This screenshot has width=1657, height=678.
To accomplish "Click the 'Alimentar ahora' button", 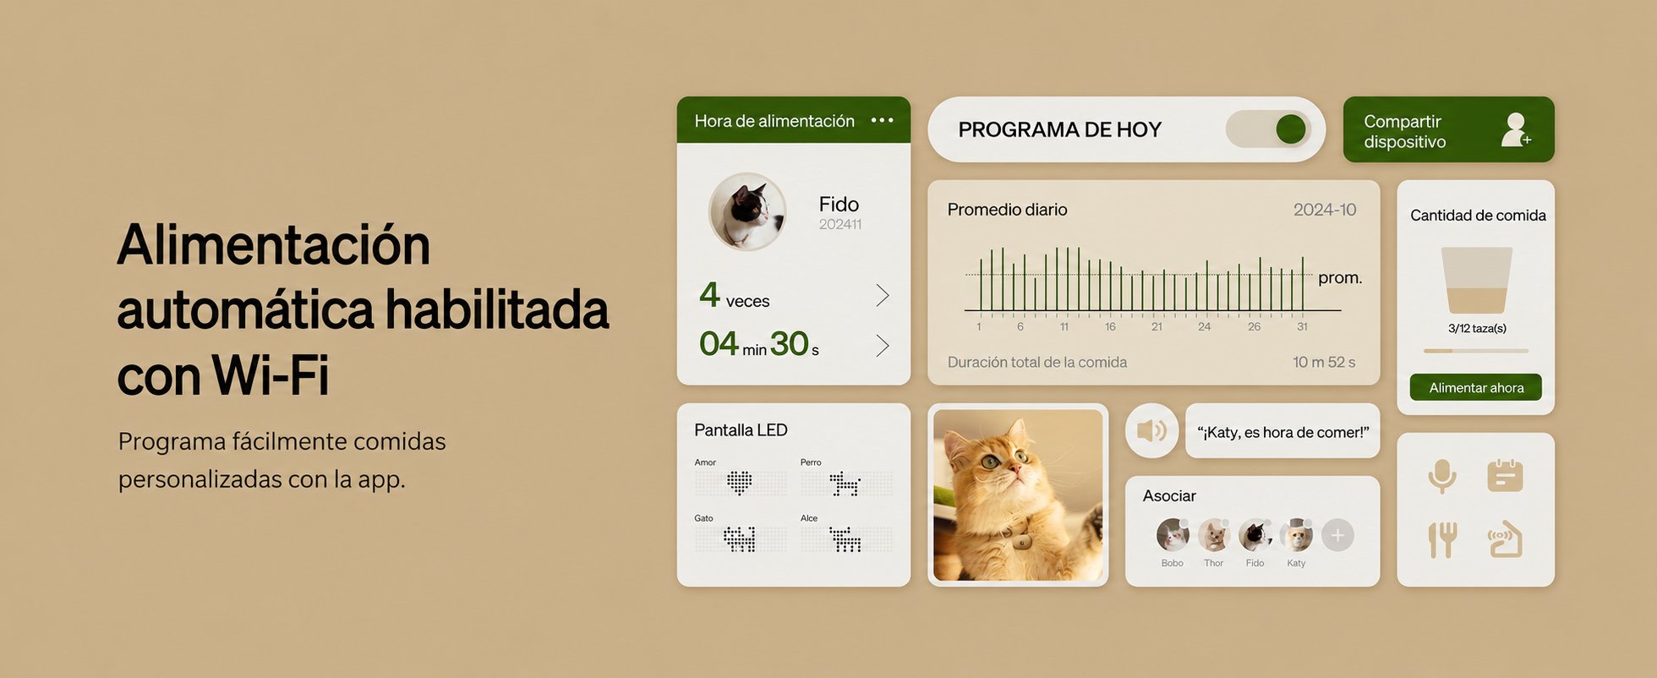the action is (1475, 387).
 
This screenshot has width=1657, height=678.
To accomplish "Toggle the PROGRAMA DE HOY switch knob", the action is (1291, 129).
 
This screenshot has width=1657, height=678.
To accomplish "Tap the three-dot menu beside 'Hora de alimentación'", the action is (882, 120).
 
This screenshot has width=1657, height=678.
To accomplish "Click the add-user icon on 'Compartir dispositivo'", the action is (1516, 129).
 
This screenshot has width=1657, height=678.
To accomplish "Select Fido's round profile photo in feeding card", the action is (747, 211).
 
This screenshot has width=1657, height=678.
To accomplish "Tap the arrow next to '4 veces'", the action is (883, 295).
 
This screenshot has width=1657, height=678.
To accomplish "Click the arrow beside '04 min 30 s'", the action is (883, 345).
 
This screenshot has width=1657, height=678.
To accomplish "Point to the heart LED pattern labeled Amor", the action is (740, 483).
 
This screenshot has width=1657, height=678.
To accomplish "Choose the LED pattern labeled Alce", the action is (845, 539).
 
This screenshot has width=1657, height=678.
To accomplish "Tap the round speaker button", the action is (1151, 431).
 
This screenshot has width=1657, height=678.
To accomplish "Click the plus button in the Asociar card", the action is (1337, 534).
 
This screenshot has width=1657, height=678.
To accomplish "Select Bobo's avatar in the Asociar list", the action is (1173, 535).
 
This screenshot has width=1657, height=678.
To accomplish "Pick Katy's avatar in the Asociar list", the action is (1296, 535).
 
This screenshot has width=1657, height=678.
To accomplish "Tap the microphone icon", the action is (1442, 476).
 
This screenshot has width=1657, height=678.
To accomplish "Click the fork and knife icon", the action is (1442, 539).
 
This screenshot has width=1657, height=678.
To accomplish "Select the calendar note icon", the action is (1505, 475).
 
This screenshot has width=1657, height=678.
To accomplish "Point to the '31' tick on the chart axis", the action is (1302, 326).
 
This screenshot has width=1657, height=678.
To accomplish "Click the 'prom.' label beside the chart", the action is (1340, 278).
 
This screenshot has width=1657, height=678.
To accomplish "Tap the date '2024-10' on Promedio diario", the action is (1325, 210).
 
